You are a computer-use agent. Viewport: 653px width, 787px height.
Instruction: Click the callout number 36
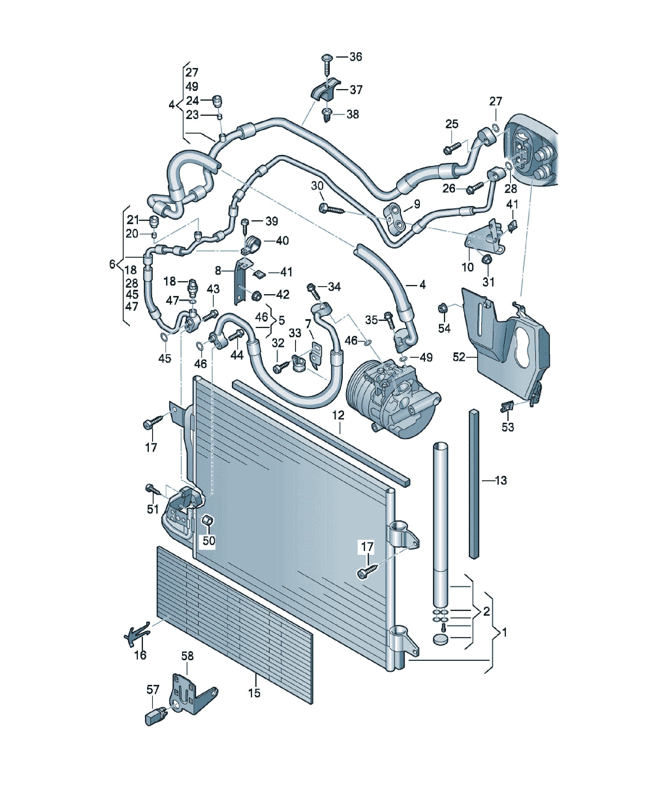pyautogui.click(x=356, y=57)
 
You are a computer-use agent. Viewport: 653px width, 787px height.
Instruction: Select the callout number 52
pyautogui.click(x=459, y=357)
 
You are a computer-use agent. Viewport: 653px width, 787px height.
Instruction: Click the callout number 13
pyautogui.click(x=501, y=480)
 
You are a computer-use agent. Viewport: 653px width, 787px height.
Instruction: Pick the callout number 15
pyautogui.click(x=254, y=693)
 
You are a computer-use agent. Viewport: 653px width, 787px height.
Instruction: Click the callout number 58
pyautogui.click(x=187, y=656)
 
